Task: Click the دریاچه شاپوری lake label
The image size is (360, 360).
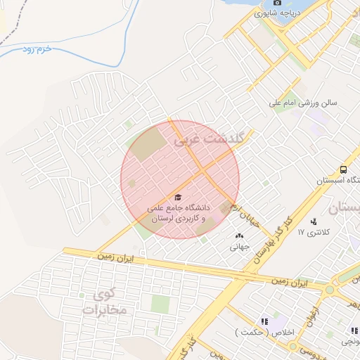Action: [296, 13]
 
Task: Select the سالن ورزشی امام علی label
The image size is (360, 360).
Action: [303, 103]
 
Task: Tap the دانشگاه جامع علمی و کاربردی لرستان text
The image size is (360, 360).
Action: [179, 213]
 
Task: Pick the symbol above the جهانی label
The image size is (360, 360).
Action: [239, 236]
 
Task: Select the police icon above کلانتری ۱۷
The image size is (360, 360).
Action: [313, 222]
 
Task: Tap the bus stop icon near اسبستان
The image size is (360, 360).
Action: [342, 169]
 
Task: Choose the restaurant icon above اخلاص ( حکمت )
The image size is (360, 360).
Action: [264, 321]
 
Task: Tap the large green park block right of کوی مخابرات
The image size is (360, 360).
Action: [160, 304]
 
